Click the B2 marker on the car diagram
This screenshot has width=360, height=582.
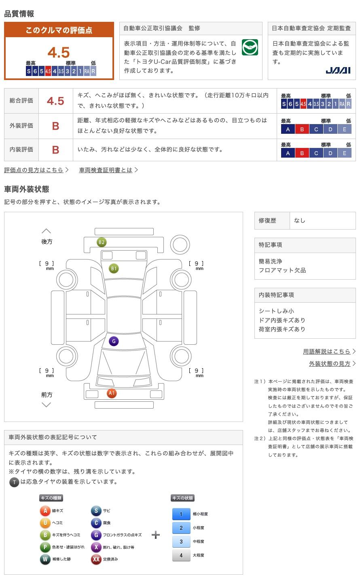coord(102,242)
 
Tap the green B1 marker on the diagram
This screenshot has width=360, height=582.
coord(114,268)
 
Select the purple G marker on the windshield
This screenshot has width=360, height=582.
coord(114,341)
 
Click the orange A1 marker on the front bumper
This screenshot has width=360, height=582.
coord(112,393)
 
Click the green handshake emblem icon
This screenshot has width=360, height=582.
coord(250,48)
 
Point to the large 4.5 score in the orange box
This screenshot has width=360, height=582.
coord(59,53)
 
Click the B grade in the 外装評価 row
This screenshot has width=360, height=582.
coord(55,126)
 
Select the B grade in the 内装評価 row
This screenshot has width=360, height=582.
coord(55,150)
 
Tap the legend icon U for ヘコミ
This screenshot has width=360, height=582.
coord(45,523)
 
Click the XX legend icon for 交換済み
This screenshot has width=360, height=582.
coord(96,559)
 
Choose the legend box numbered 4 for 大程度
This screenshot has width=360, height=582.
coord(181,555)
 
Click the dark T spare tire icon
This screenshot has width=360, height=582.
coord(14,482)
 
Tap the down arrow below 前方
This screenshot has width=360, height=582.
coord(47,405)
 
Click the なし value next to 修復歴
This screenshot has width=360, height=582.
coord(300,221)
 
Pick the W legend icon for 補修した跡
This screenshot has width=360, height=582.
coord(45,559)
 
